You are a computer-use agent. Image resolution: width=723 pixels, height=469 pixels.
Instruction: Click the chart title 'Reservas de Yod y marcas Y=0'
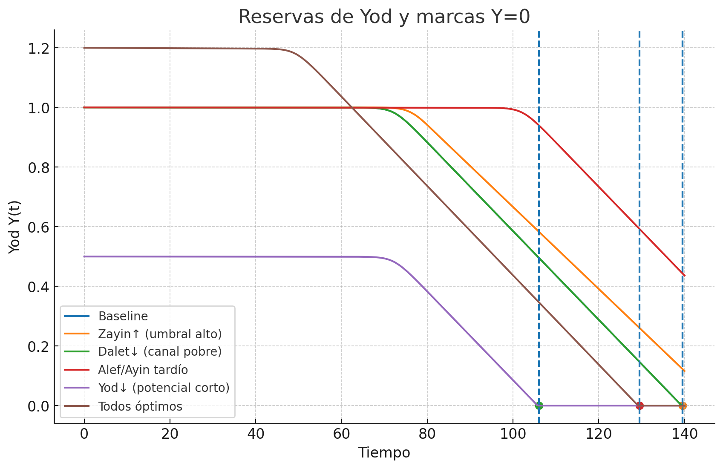click(384, 17)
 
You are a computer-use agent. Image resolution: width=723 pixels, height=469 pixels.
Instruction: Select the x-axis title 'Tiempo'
click(384, 453)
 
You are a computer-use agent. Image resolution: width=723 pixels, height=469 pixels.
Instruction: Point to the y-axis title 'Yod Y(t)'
click(14, 227)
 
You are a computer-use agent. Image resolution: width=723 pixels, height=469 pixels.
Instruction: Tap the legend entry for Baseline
click(123, 317)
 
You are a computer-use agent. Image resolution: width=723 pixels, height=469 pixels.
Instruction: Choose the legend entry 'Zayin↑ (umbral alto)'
click(160, 334)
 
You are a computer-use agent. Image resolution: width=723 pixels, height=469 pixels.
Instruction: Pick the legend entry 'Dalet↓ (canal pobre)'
click(160, 352)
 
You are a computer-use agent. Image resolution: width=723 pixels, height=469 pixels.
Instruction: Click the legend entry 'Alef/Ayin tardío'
click(143, 370)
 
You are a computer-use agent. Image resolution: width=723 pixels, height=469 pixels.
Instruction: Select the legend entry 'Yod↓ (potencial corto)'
click(164, 388)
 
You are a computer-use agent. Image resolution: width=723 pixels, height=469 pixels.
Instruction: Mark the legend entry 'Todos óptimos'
click(140, 406)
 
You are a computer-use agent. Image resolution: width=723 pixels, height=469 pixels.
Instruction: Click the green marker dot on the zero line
click(539, 406)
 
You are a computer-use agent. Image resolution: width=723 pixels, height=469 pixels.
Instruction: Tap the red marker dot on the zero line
click(639, 406)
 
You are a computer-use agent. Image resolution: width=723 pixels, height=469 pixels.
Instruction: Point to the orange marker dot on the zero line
click(683, 406)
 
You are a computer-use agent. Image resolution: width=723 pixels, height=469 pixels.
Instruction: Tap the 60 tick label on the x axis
click(341, 434)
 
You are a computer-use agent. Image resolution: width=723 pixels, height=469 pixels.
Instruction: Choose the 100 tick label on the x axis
click(513, 434)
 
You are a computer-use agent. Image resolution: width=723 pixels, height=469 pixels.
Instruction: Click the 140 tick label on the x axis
click(684, 434)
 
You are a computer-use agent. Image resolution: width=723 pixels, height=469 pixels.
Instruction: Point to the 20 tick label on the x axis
click(170, 434)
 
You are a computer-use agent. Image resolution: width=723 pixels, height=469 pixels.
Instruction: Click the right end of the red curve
click(684, 275)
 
